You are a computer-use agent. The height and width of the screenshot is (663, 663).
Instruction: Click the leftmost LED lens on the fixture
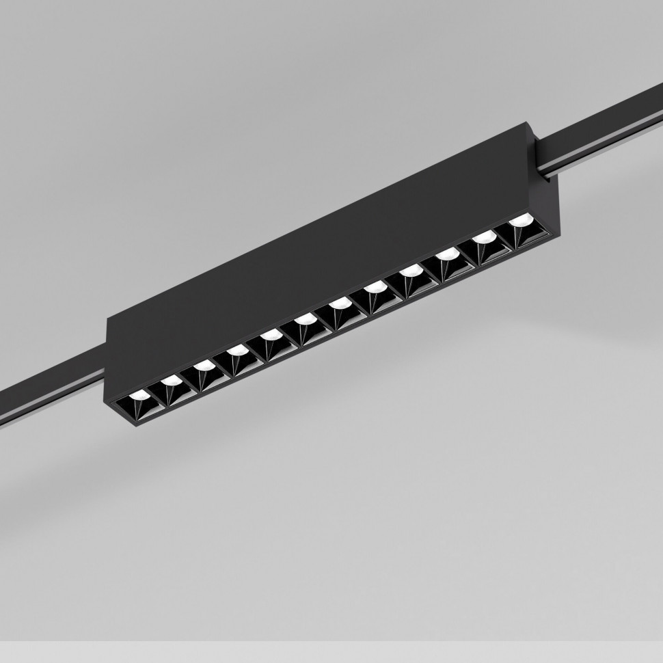139,395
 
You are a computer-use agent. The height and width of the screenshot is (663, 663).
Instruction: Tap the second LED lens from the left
171,380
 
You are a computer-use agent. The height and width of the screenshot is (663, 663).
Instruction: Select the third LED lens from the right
446,256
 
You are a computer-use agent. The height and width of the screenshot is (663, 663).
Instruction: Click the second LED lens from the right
484,238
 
